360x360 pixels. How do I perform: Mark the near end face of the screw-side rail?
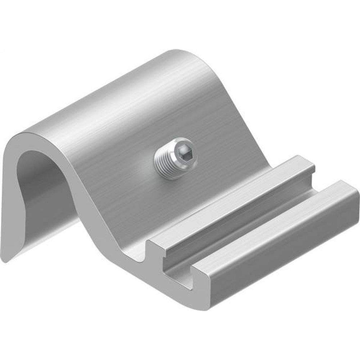click(x=158, y=248)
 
